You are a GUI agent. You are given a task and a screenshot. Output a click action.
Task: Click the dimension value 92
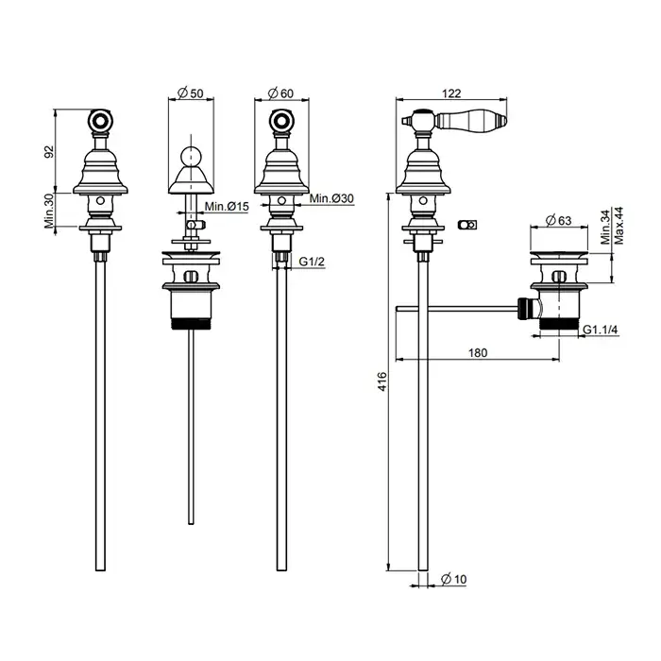(50, 151)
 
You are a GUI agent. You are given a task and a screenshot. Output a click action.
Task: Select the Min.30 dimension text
(50, 212)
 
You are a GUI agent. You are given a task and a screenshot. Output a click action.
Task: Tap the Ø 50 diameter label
(191, 93)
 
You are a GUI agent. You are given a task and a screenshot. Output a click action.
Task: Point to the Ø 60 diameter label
(280, 93)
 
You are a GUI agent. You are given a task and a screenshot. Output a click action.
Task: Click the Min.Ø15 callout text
(227, 207)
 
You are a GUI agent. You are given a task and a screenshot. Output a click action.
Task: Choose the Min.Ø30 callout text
(331, 198)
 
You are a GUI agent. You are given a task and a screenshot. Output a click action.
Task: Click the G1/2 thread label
(312, 262)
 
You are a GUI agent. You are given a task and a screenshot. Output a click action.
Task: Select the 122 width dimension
(451, 93)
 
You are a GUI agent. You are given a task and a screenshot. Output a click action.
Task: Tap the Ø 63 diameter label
(558, 220)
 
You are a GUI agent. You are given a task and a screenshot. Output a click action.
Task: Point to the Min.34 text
(606, 228)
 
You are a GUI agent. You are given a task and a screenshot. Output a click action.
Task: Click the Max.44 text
(619, 226)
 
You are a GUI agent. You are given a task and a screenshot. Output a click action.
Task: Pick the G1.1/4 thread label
(601, 330)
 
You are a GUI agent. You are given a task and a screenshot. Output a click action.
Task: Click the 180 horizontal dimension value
(478, 352)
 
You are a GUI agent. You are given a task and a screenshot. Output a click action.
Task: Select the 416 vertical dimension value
(381, 381)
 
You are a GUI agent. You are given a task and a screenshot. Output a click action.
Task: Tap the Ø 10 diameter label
(454, 579)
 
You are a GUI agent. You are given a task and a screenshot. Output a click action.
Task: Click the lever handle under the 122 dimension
(470, 120)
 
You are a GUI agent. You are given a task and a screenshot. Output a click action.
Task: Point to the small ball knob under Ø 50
(191, 157)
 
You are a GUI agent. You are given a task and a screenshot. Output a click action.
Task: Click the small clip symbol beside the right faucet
(467, 225)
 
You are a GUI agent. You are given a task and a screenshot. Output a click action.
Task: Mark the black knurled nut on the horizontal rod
(524, 309)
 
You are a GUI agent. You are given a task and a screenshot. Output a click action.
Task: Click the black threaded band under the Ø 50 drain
(191, 323)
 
